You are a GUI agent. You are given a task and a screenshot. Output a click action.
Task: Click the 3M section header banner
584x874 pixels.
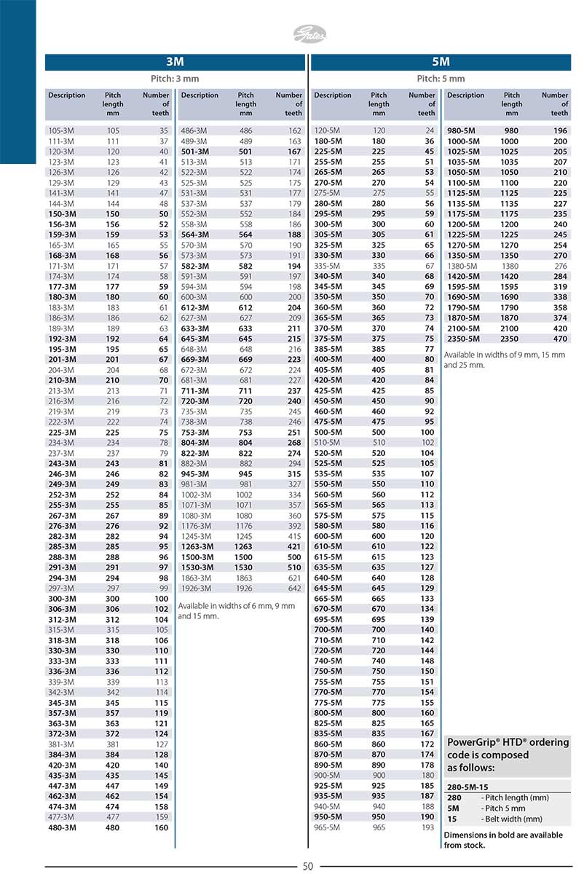[175, 63]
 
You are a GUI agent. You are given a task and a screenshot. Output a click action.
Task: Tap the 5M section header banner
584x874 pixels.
[441, 63]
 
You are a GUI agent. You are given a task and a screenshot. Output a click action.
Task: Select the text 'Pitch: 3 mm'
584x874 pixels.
[175, 79]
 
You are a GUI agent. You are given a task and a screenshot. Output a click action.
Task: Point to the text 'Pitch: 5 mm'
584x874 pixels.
[441, 79]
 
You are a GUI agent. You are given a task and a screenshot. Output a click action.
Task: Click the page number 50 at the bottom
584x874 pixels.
[307, 866]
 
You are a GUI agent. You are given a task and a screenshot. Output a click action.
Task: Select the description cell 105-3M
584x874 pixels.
[60, 130]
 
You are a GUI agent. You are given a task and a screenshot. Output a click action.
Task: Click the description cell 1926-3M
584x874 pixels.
[196, 588]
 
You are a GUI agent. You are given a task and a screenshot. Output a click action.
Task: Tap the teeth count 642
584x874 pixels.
[294, 588]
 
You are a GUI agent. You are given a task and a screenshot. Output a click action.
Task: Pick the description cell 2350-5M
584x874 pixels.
[463, 339]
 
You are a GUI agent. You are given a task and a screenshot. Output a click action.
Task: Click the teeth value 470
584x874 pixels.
[560, 339]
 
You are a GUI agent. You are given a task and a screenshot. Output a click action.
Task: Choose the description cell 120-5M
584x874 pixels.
[328, 130]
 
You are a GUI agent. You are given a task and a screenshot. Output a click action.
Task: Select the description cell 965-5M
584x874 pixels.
[328, 827]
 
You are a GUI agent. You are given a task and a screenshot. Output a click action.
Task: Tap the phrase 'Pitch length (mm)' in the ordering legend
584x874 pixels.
[515, 798]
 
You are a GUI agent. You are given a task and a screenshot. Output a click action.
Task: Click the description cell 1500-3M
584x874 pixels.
[197, 556]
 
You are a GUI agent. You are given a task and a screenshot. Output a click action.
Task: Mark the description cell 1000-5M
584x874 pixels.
[463, 141]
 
